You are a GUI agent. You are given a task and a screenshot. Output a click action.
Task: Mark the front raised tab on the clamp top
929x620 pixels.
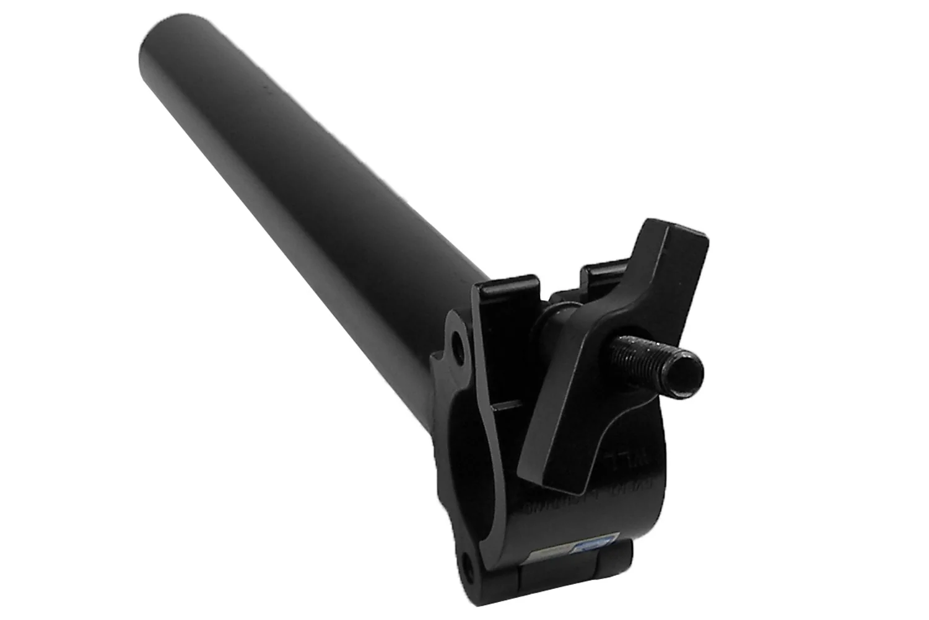click(x=508, y=291)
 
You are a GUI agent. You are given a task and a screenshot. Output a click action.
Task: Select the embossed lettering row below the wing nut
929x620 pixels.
click(x=567, y=499)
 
